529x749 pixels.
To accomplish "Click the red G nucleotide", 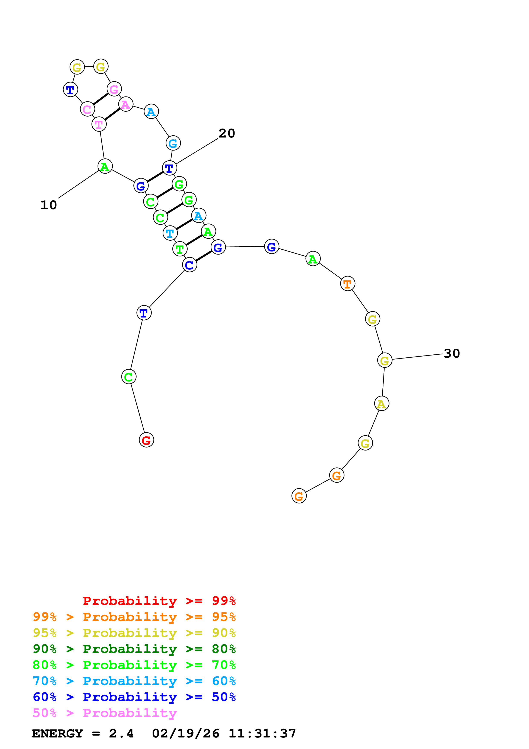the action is click(146, 440).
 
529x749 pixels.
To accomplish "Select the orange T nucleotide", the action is click(347, 284).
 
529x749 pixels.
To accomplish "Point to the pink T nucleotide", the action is click(99, 124).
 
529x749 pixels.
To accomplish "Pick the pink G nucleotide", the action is click(114, 89).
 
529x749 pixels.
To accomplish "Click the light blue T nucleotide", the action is click(170, 233).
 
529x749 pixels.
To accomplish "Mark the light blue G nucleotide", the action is click(173, 143).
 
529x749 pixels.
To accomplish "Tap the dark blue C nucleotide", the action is click(189, 265).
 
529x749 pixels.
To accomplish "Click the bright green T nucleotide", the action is click(180, 249).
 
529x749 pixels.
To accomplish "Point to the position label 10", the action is click(49, 205).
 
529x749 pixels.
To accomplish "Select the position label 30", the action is click(452, 354).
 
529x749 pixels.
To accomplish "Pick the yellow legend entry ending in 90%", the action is click(134, 633).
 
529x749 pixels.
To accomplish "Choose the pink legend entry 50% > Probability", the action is click(105, 713).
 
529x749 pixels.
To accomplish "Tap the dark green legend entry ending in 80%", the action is click(134, 649).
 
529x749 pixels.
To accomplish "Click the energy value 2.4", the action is click(121, 733).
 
